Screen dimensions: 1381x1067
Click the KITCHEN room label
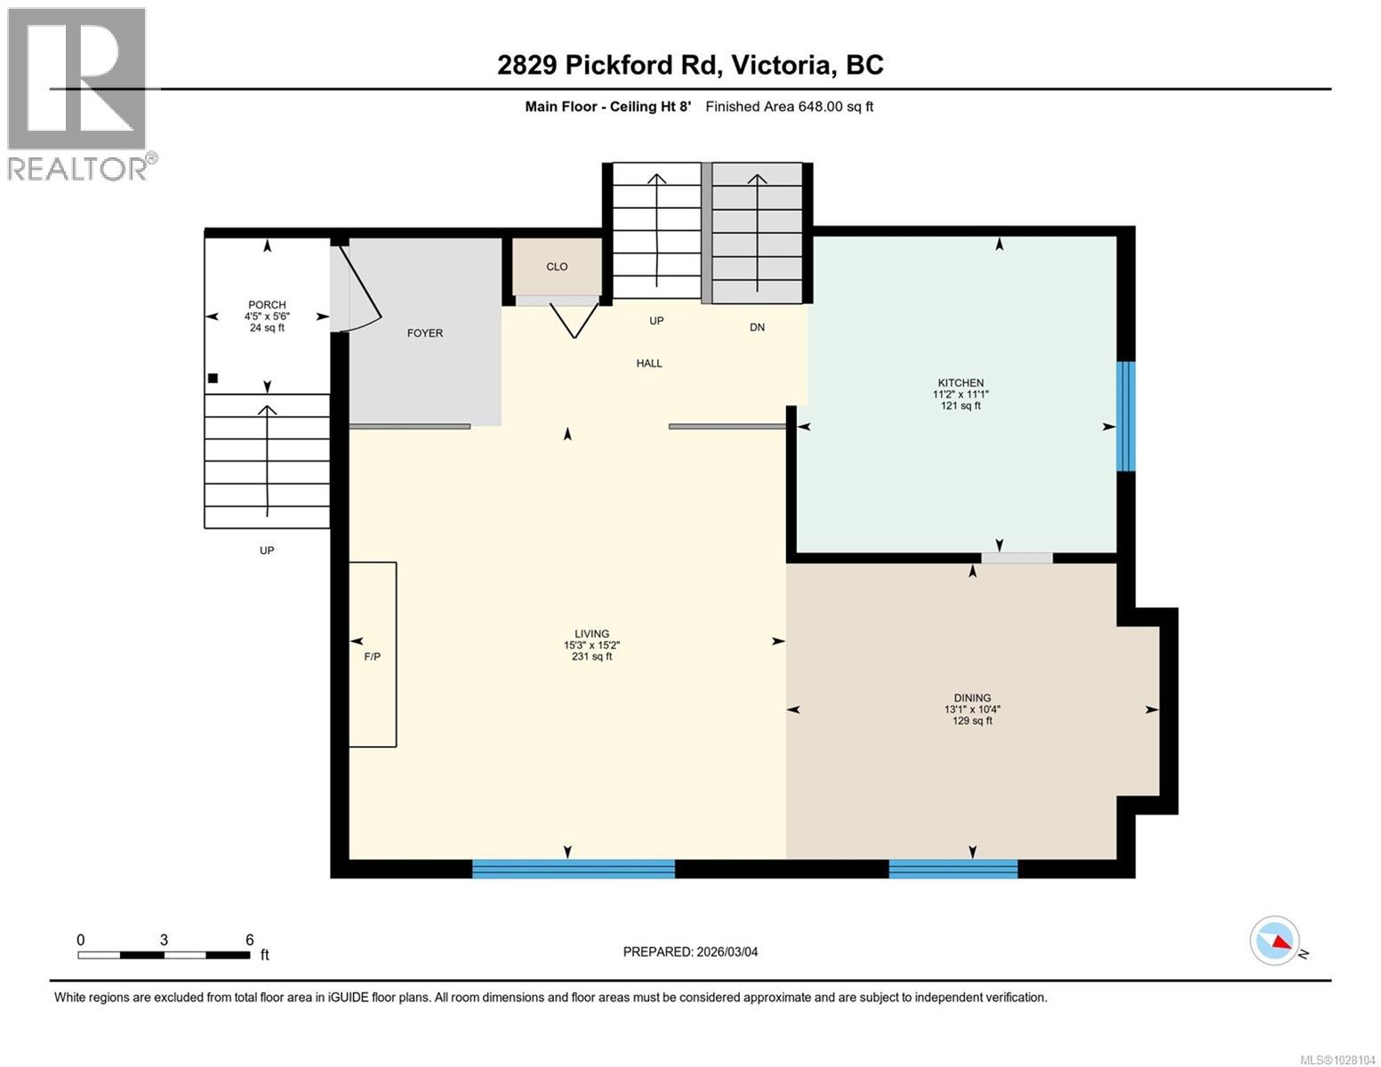pos(960,382)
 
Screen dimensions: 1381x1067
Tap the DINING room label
pos(972,697)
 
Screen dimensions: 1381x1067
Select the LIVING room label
pos(591,634)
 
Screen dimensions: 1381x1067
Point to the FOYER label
pos(425,333)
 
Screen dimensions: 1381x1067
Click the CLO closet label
pos(557,266)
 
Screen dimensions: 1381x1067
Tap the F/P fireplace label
pos(373,656)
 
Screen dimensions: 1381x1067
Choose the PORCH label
pos(267,304)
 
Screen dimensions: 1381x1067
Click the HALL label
pos(649,364)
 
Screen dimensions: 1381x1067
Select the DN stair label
pos(757,327)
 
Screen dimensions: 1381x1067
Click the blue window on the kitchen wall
pos(1126,416)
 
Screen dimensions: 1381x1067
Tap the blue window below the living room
pos(574,869)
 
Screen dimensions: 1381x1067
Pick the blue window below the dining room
pos(953,869)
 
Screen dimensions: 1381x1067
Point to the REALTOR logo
pos(80,94)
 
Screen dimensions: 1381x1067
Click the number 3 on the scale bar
pos(164,940)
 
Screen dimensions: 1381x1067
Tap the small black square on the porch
pos(213,378)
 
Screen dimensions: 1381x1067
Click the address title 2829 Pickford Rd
pos(609,65)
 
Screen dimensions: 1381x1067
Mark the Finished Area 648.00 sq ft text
pos(790,107)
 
